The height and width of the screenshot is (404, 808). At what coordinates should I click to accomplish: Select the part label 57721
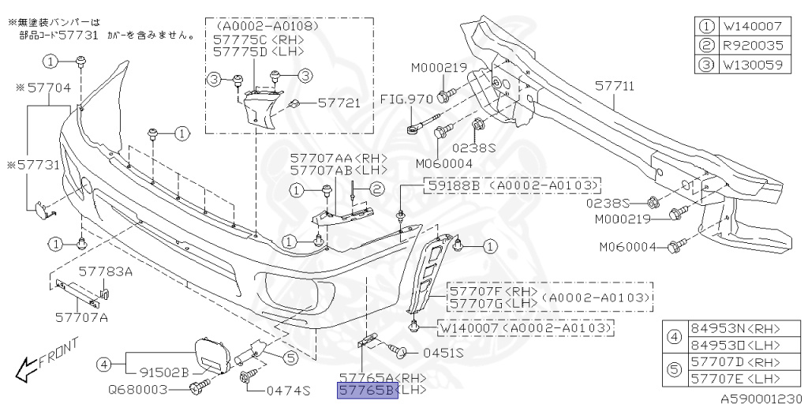(x=339, y=103)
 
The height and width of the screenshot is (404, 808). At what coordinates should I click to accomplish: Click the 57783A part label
(x=106, y=271)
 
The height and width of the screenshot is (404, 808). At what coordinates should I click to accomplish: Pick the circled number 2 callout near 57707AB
(x=376, y=189)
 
